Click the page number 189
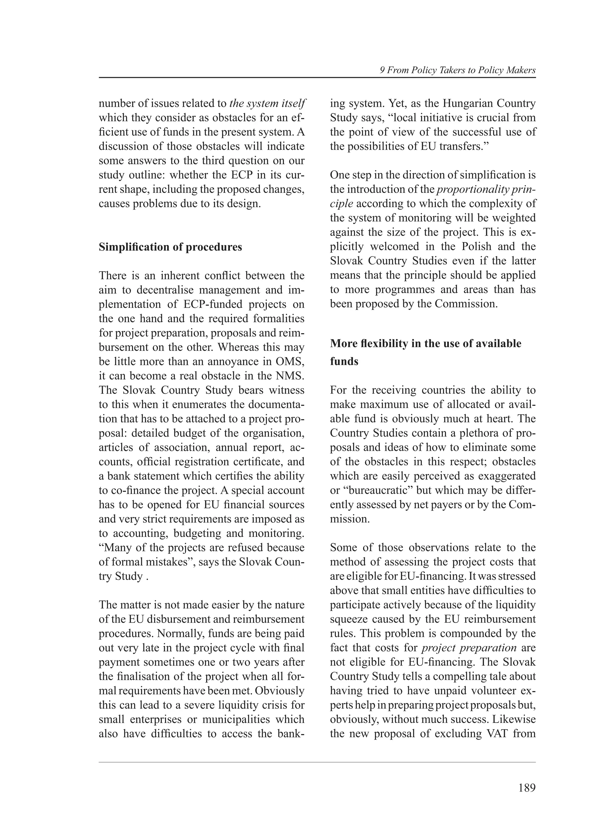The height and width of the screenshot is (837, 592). pyautogui.click(x=527, y=788)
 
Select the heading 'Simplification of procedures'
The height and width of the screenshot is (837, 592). pyautogui.click(x=170, y=247)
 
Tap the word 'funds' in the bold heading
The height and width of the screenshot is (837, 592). pyautogui.click(x=344, y=362)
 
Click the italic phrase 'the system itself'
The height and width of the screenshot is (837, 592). pyautogui.click(x=267, y=103)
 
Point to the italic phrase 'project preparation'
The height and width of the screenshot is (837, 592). pyautogui.click(x=469, y=648)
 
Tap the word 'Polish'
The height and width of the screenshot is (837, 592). pyautogui.click(x=478, y=247)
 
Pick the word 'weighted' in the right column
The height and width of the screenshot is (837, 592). pyautogui.click(x=514, y=218)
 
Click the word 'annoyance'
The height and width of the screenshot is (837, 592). pyautogui.click(x=233, y=362)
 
